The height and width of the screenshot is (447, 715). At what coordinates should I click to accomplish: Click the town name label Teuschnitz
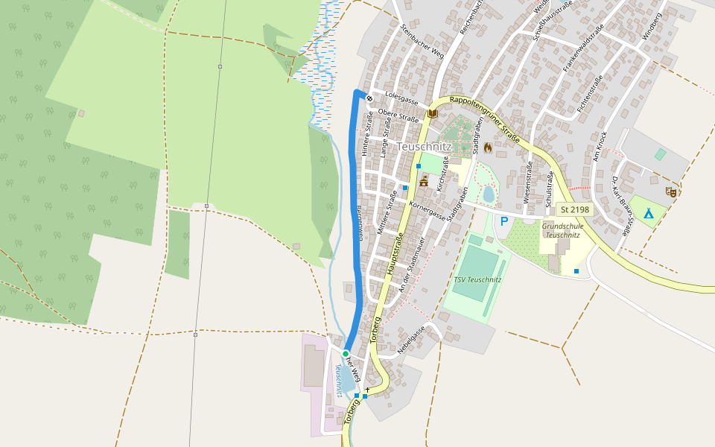pyautogui.click(x=425, y=147)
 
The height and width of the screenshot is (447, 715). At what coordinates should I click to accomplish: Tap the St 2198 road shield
pyautogui.click(x=575, y=210)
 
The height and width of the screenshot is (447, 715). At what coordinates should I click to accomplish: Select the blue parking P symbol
pyautogui.click(x=504, y=221)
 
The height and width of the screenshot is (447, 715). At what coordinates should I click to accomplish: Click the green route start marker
pyautogui.click(x=346, y=353)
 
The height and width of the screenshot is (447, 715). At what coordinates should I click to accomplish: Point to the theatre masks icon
pyautogui.click(x=670, y=191)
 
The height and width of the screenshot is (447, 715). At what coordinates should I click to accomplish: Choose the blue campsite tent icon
pyautogui.click(x=648, y=213)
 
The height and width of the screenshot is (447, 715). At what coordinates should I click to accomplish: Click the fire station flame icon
pyautogui.click(x=488, y=148)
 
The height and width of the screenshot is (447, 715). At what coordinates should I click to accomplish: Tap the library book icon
pyautogui.click(x=432, y=113)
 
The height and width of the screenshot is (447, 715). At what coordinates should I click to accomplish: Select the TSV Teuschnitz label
pyautogui.click(x=477, y=280)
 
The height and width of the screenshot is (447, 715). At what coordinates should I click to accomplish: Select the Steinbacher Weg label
pyautogui.click(x=422, y=40)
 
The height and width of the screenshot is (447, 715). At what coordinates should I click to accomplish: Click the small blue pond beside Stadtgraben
pyautogui.click(x=489, y=194)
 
